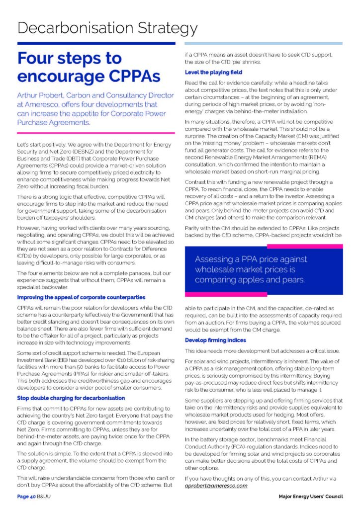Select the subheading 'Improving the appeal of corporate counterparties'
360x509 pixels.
coord(81,297)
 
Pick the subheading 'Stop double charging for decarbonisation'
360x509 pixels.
coord(71,398)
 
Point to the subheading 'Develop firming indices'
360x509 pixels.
coord(215,340)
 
